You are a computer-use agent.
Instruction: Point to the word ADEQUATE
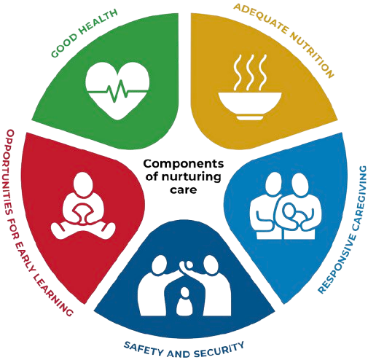pyautogui.click(x=260, y=17)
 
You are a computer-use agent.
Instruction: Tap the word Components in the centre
pyautogui.click(x=184, y=164)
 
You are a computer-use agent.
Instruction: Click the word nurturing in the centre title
pyautogui.click(x=191, y=176)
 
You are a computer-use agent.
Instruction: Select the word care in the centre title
pyautogui.click(x=183, y=189)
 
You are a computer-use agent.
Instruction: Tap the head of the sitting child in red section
pyautogui.click(x=83, y=184)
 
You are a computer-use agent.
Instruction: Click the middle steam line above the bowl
pyautogui.click(x=250, y=72)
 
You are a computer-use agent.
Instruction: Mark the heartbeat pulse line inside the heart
pyautogui.click(x=117, y=92)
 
